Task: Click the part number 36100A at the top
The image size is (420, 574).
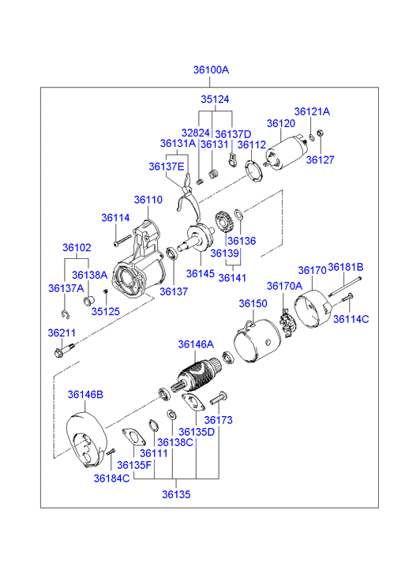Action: point(211,69)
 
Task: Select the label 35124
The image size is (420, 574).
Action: point(215,99)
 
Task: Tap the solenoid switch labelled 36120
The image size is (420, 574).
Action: point(286,154)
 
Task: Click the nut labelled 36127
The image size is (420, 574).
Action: point(319,133)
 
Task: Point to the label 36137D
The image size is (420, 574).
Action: point(233,134)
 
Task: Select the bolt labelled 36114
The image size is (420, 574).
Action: point(122,240)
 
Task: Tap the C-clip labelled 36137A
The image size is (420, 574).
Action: point(66,314)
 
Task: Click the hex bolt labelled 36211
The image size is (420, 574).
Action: point(63,350)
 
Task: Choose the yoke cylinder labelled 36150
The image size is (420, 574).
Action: point(257,340)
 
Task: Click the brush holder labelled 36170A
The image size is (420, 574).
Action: point(287,323)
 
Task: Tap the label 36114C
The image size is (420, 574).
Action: point(351,319)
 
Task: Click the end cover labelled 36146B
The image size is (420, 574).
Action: point(87,439)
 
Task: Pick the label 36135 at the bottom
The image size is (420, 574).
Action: point(176,494)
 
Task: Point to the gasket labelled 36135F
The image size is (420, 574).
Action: point(133,437)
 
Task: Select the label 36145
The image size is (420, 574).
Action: point(201,274)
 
